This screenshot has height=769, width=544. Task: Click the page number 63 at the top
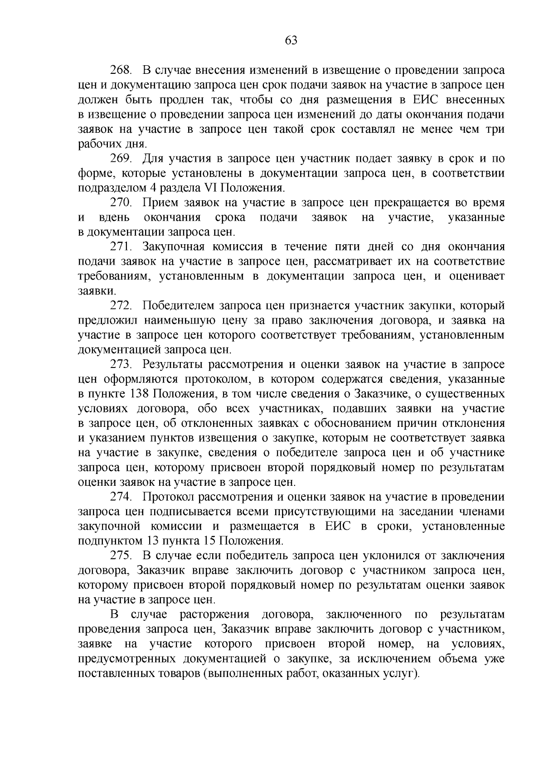point(291,41)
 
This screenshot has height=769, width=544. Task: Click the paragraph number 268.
point(121,71)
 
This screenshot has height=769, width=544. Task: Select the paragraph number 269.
point(121,159)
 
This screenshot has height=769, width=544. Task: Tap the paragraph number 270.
point(121,203)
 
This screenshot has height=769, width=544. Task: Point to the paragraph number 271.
point(121,247)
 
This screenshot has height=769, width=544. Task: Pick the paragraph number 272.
point(121,306)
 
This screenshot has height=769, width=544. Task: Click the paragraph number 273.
point(121,365)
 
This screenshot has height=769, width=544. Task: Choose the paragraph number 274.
point(121,497)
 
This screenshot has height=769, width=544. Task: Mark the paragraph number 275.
point(121,556)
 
